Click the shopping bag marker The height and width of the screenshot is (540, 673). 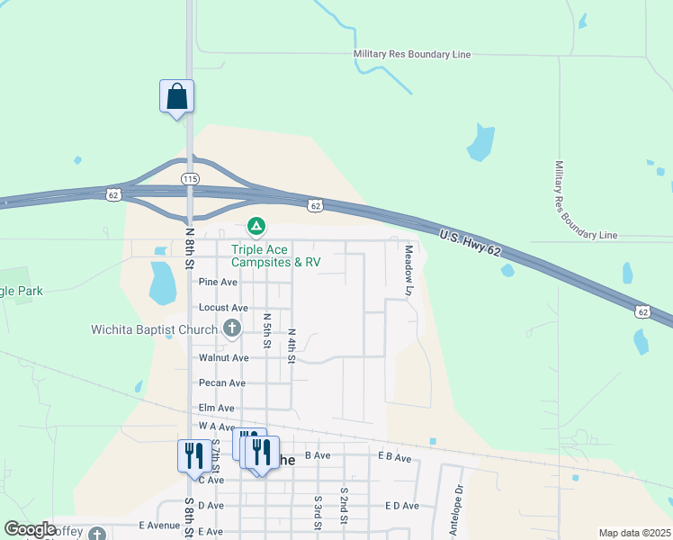pyautogui.click(x=177, y=96)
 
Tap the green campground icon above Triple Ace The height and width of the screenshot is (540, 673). pyautogui.click(x=256, y=225)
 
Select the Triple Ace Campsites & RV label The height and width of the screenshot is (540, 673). pyautogui.click(x=275, y=256)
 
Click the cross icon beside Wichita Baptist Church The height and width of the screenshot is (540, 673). pyautogui.click(x=232, y=328)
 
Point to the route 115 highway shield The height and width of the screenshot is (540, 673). pyautogui.click(x=190, y=179)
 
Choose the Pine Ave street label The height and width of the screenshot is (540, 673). pyautogui.click(x=218, y=282)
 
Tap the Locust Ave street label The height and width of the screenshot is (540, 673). pyautogui.click(x=223, y=307)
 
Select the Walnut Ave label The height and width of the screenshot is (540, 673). pyautogui.click(x=223, y=357)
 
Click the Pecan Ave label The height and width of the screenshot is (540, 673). pyautogui.click(x=222, y=382)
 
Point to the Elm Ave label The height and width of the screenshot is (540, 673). pyautogui.click(x=216, y=408)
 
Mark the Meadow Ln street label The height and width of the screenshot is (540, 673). pyautogui.click(x=408, y=270)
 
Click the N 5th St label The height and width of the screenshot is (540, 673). pyautogui.click(x=267, y=330)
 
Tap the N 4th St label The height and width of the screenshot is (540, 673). pyautogui.click(x=292, y=345)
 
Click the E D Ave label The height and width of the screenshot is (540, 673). pyautogui.click(x=402, y=506)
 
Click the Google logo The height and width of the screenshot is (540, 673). pyautogui.click(x=30, y=529)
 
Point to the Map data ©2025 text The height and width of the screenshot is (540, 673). pyautogui.click(x=634, y=533)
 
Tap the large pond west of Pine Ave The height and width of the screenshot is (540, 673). pyautogui.click(x=163, y=283)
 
